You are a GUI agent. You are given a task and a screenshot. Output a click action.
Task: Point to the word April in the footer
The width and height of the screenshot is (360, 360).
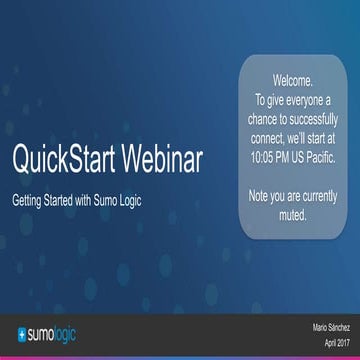click(x=319, y=342)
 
